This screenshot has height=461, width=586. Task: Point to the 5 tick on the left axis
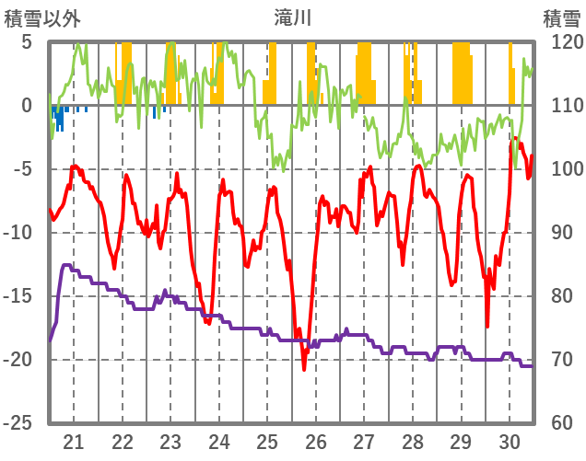point(26,42)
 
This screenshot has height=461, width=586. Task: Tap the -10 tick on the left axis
point(20,233)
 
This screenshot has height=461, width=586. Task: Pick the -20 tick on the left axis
point(20,360)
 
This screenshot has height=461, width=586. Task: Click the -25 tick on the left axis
point(20,423)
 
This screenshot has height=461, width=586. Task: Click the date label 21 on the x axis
point(74,441)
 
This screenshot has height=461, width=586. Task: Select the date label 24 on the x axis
point(219,441)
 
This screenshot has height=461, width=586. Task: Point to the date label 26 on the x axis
point(316,441)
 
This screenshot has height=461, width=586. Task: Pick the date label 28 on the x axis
point(413,441)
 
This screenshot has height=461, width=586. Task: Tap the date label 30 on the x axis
point(510,441)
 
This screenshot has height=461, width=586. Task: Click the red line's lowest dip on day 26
point(304,368)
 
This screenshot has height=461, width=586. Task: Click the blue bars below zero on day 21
point(59,117)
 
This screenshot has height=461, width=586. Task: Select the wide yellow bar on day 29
point(463,74)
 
